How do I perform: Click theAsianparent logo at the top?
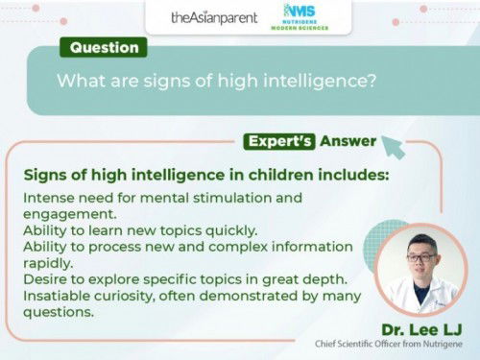(x=213, y=17)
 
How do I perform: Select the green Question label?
(x=105, y=47)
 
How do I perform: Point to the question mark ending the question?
(x=372, y=81)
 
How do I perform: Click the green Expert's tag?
(x=281, y=141)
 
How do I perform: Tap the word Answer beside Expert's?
(x=348, y=141)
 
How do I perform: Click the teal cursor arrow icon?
(x=393, y=146)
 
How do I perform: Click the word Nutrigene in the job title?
(x=437, y=343)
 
